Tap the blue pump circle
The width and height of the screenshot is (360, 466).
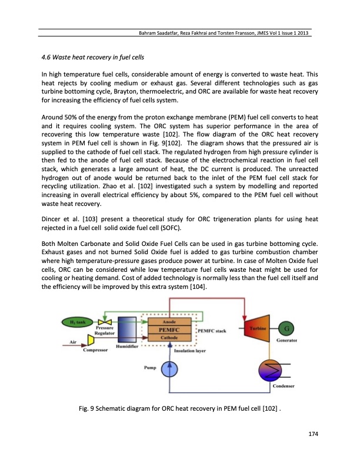tap(171, 368)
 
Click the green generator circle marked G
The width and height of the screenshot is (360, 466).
tap(286, 328)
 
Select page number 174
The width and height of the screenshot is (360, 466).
tap(313, 434)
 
